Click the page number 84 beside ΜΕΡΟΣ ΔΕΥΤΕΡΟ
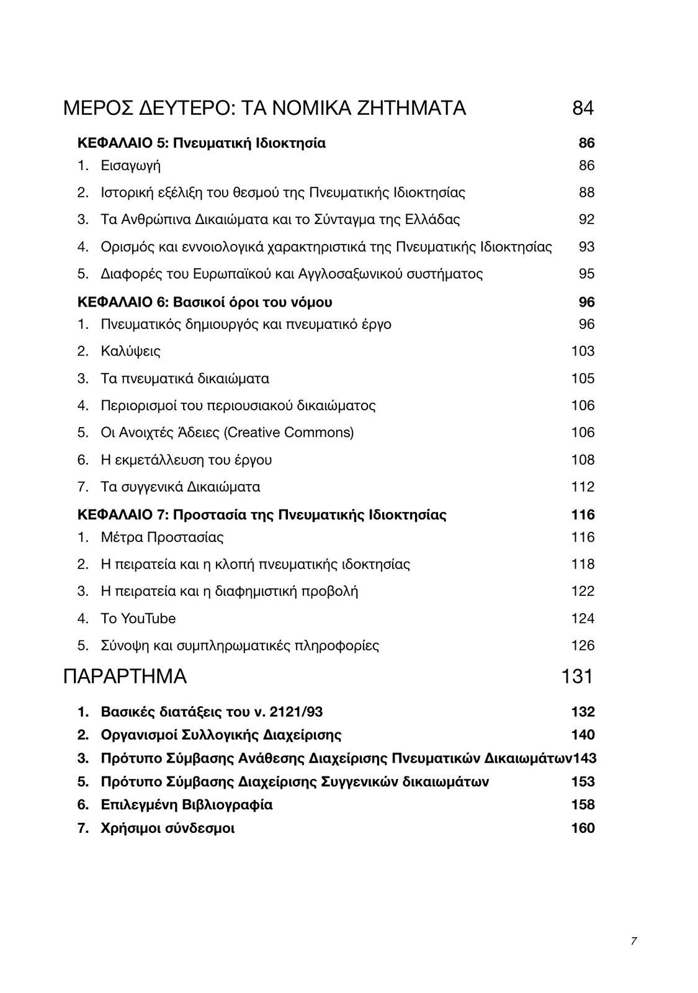pos(583,109)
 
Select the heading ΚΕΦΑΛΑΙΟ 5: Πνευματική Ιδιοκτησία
pos(201,143)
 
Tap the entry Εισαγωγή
pos(130,166)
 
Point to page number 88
pos(586,192)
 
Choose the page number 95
pos(586,274)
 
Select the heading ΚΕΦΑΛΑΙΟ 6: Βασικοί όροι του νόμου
pos(204,302)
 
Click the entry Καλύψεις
pos(130,351)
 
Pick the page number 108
pos(583,460)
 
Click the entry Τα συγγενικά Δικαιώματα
pos(180,487)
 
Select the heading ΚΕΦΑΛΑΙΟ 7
pos(261,515)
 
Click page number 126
pos(583,646)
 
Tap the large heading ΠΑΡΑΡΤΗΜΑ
pos(125,676)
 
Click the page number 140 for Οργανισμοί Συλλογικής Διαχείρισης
pos(583,735)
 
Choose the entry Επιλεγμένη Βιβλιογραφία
pos(186,805)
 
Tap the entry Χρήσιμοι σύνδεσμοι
pos(168,829)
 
